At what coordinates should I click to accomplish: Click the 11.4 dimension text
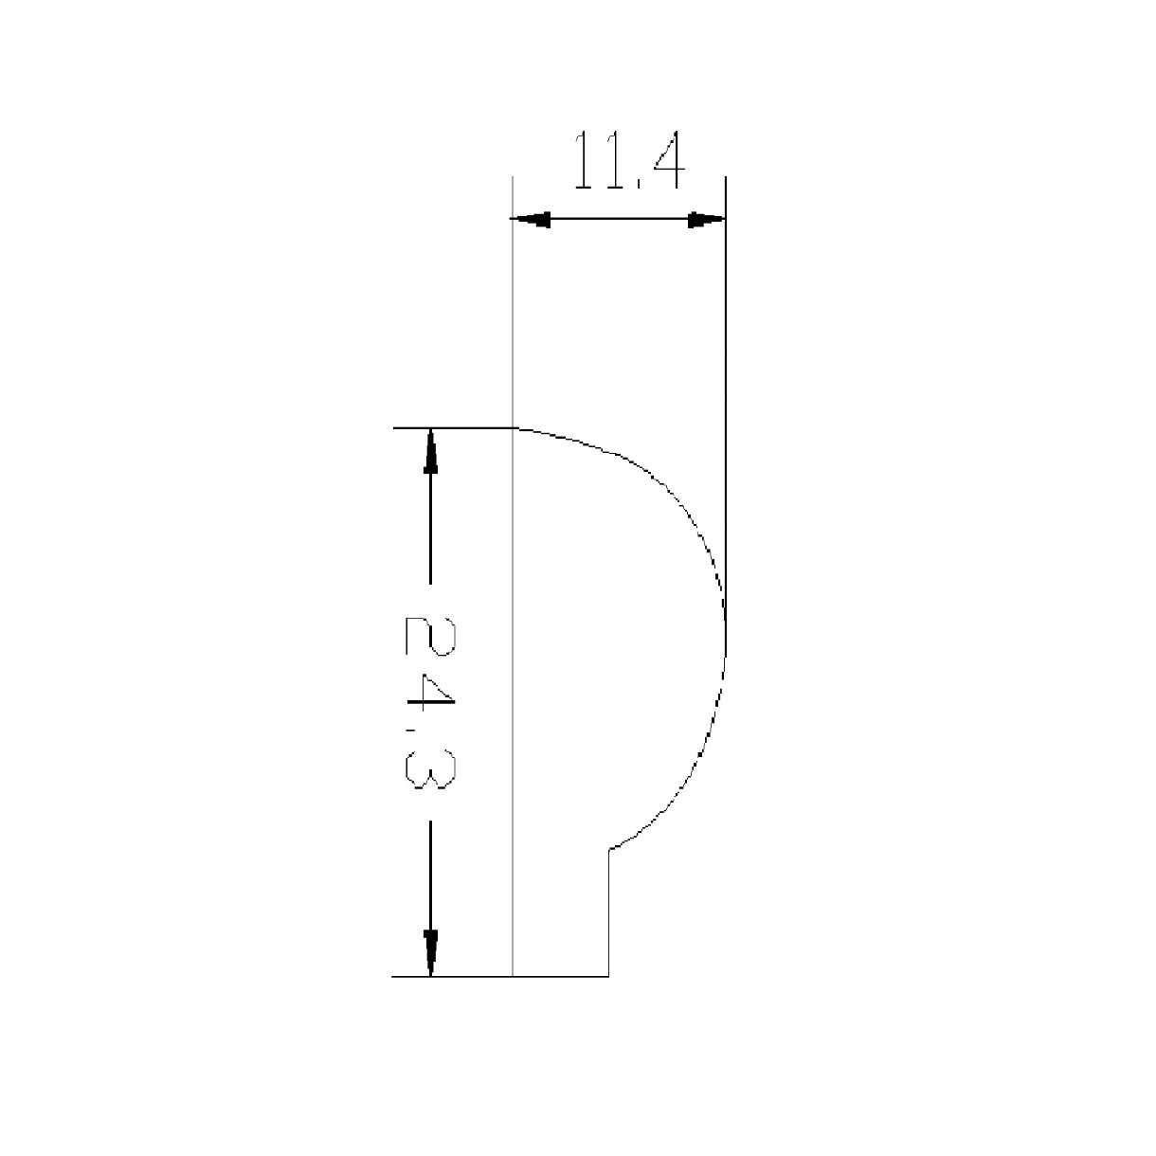628,159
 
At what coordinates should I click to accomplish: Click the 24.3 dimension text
430,702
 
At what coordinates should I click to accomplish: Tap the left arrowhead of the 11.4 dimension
530,219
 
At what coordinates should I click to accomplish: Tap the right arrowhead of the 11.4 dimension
706,219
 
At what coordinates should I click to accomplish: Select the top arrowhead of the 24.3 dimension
430,451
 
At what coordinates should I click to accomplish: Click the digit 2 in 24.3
430,636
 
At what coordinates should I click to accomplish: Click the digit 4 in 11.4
670,159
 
